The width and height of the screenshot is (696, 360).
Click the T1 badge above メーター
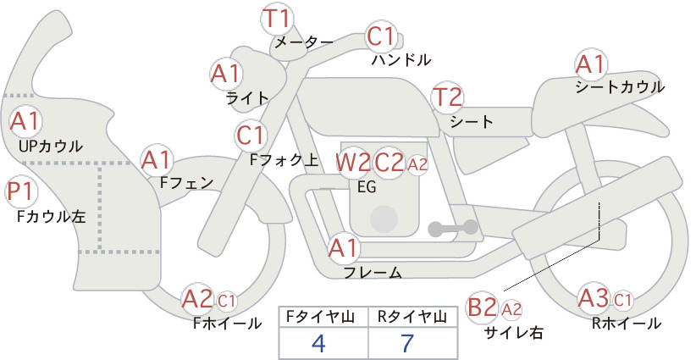click(276, 18)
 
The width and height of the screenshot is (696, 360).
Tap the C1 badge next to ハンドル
click(381, 36)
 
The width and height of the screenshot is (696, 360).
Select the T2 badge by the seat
click(447, 97)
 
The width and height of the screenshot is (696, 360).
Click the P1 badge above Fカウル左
click(21, 191)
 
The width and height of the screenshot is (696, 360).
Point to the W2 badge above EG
click(352, 163)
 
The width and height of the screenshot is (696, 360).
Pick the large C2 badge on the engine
click(389, 163)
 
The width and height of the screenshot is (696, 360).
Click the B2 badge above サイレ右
click(482, 307)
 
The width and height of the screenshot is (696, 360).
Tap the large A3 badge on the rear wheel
click(594, 298)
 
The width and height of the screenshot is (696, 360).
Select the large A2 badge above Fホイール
click(197, 299)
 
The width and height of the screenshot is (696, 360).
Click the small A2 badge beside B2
click(511, 309)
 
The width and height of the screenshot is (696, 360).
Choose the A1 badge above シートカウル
click(590, 65)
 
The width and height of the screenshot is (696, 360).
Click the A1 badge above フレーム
click(343, 248)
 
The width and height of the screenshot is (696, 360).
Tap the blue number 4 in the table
click(318, 343)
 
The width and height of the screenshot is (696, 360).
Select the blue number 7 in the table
click(407, 343)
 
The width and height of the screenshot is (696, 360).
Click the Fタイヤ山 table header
click(320, 317)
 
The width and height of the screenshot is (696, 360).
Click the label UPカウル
click(51, 146)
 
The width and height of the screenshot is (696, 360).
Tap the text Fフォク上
click(284, 160)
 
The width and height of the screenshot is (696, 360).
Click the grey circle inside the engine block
click(384, 219)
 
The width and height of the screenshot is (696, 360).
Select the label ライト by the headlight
click(247, 98)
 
